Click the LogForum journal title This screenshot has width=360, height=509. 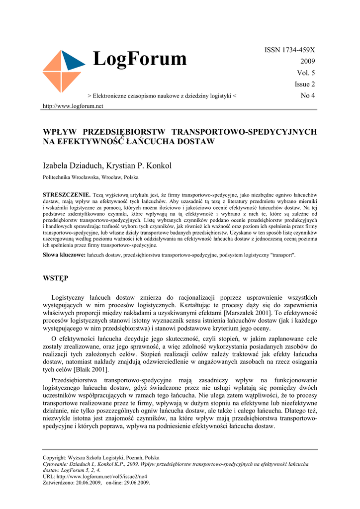(140, 60)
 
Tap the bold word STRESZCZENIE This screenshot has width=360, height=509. (67, 194)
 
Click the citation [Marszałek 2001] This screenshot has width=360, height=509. (248, 313)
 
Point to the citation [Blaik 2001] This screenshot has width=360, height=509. (91, 369)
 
